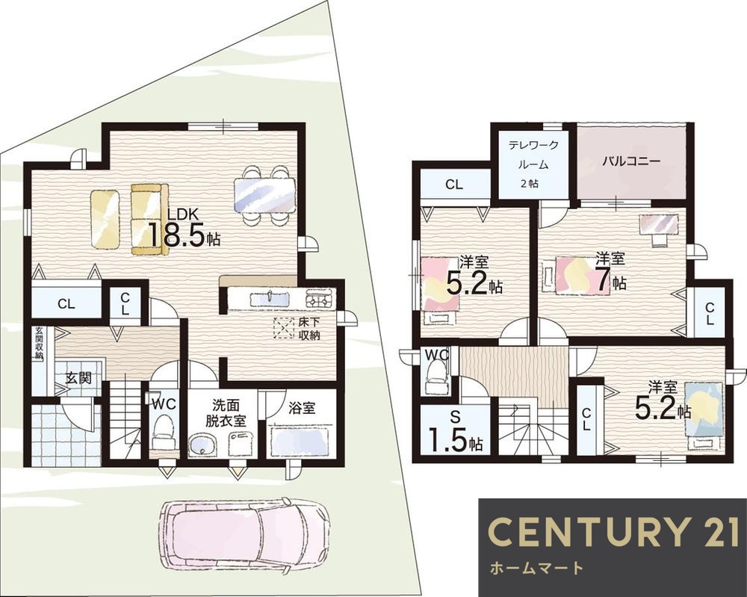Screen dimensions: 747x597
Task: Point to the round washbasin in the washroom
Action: click(x=202, y=445)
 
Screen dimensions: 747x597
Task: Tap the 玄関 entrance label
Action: click(x=78, y=378)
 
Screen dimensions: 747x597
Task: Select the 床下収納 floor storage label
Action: click(x=309, y=328)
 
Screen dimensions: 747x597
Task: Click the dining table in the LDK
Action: click(x=264, y=195)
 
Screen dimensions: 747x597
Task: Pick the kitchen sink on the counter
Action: click(x=270, y=299)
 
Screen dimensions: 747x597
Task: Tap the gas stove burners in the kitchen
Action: click(x=319, y=300)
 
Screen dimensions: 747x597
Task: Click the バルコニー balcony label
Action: click(x=630, y=161)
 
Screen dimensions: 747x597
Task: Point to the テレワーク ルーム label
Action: click(x=533, y=155)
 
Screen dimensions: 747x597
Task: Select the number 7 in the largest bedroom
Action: click(x=602, y=281)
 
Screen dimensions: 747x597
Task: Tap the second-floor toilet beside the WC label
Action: click(x=434, y=375)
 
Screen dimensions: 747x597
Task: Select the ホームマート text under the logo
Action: click(x=536, y=567)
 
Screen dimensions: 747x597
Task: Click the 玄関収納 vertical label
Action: click(x=39, y=344)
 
